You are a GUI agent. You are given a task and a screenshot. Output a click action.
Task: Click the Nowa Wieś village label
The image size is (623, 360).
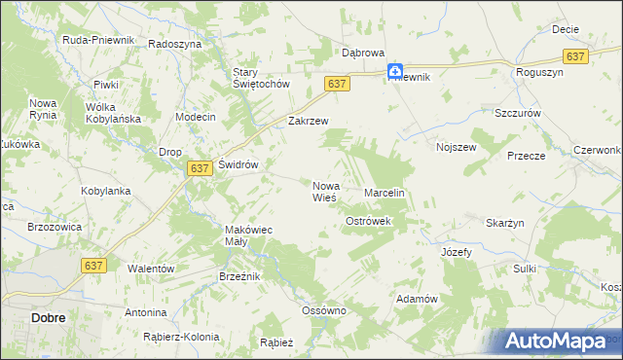pos(324,191)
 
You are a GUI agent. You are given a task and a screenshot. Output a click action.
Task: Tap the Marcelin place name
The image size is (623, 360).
pos(384,194)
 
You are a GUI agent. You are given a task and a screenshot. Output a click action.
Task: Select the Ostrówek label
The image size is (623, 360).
pos(368,222)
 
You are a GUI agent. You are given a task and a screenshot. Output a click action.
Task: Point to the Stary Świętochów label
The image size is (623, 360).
pos(262,78)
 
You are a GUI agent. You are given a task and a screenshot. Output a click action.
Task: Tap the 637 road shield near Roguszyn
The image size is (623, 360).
pos(575,56)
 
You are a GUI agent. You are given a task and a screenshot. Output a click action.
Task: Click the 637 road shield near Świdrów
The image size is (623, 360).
pos(200,168)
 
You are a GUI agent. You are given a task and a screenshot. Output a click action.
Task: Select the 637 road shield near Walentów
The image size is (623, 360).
pos(94,265)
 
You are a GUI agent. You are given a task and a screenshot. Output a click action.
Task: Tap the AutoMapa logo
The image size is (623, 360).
pos(553,341)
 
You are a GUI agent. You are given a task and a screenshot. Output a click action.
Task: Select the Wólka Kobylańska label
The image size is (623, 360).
pos(114,113)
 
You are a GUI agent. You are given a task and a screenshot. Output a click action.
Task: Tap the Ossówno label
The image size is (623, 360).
pos(324,311)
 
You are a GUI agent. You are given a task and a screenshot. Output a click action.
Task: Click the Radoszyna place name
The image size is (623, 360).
pos(175,45)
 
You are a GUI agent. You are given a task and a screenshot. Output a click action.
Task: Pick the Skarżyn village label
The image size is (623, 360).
pos(504,223)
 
